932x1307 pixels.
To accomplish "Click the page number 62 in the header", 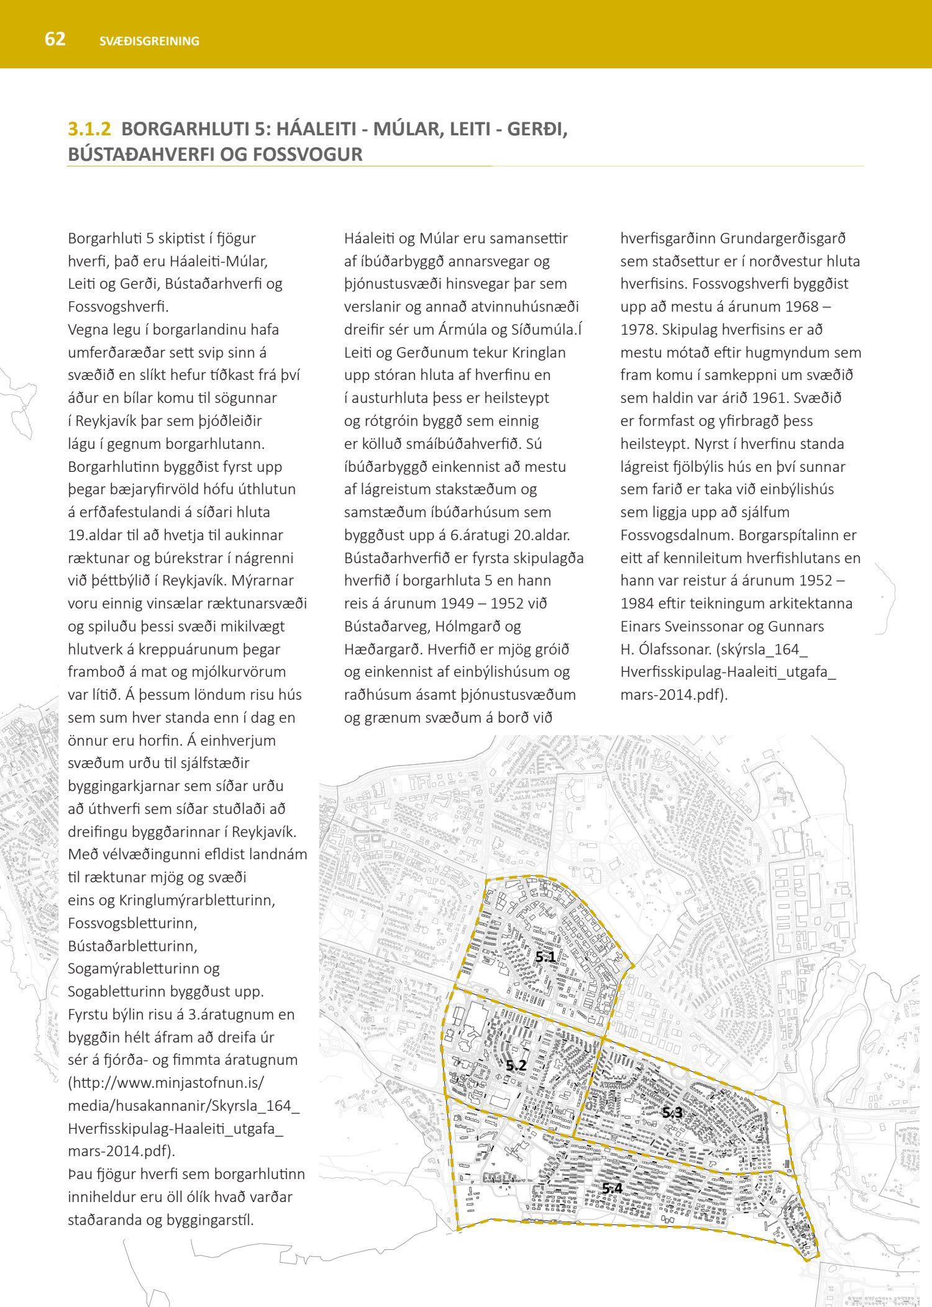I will tap(55, 39).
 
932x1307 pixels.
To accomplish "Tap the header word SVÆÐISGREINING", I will tap(149, 42).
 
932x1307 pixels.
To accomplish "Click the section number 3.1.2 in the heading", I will tap(89, 129).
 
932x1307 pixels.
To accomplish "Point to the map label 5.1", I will tap(546, 957).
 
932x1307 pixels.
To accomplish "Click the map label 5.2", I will tap(516, 1065).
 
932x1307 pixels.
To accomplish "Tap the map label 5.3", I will tap(672, 1113).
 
